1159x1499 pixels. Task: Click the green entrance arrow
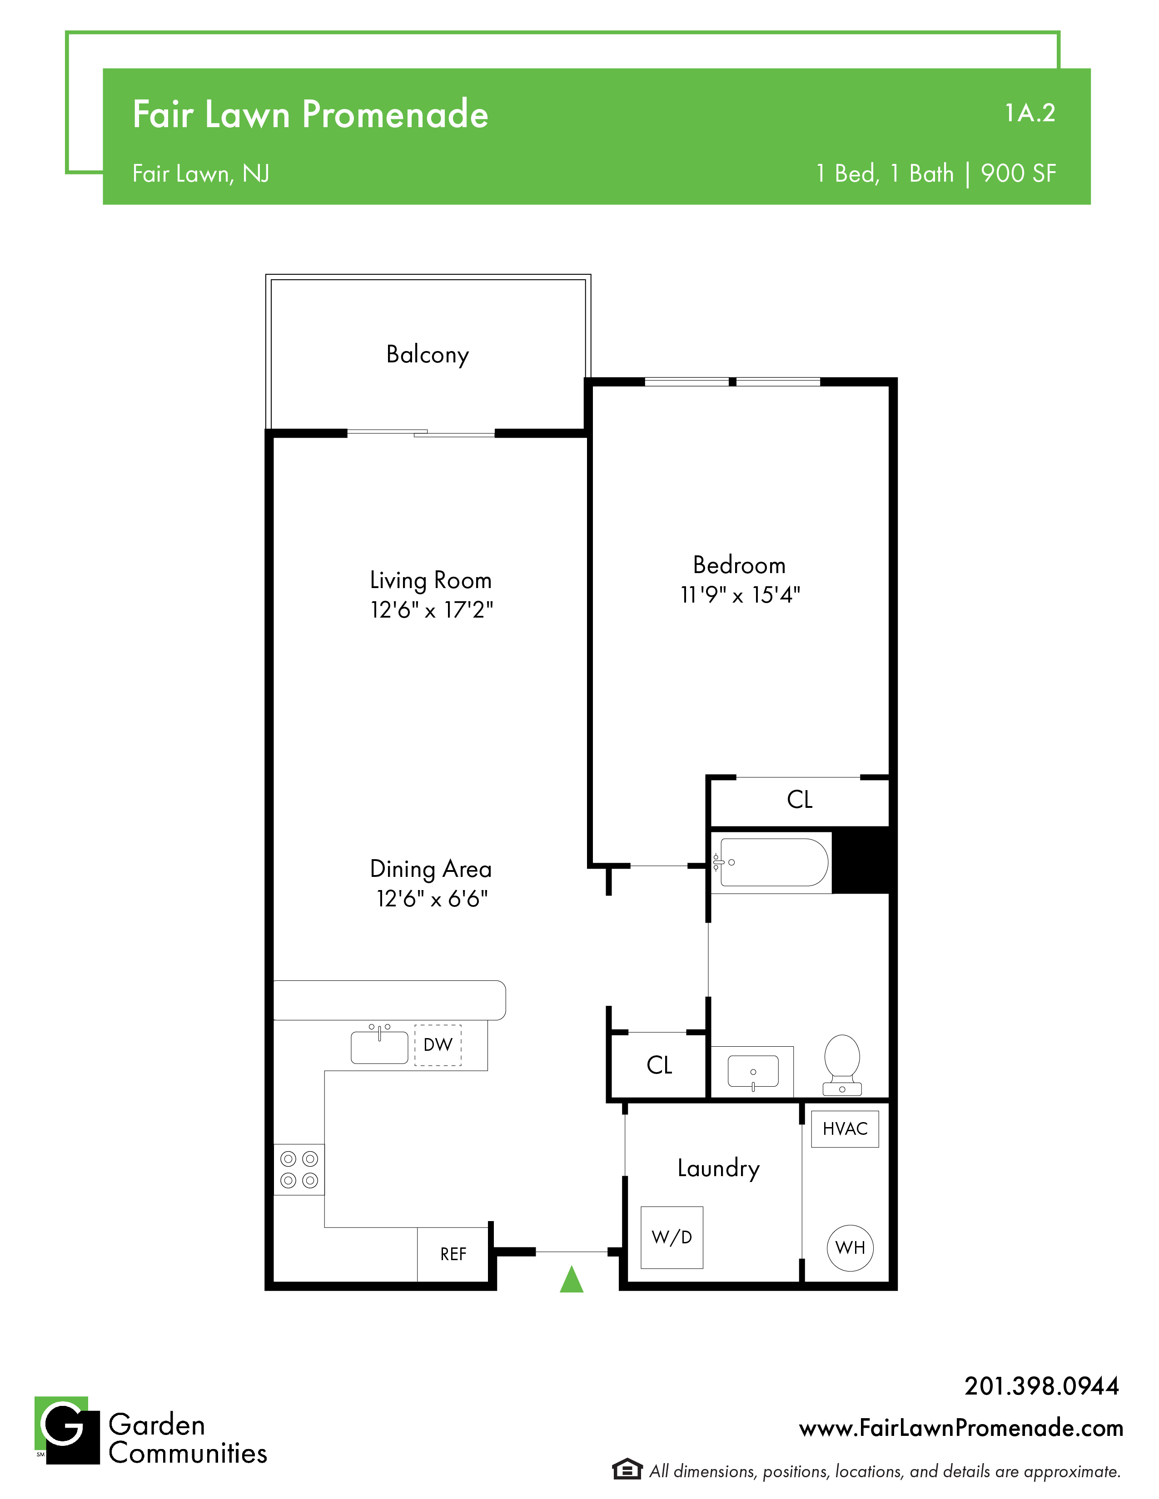click(571, 1279)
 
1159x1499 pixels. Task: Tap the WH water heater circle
click(850, 1248)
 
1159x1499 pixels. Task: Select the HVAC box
click(845, 1129)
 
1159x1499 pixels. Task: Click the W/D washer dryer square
click(672, 1237)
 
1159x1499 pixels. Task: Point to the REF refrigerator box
click(453, 1254)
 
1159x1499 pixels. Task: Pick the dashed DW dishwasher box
click(438, 1044)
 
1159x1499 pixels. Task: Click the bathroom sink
click(753, 1071)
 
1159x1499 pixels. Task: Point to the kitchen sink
click(380, 1045)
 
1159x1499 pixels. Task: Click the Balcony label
click(428, 355)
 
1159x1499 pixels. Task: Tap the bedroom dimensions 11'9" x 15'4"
click(740, 594)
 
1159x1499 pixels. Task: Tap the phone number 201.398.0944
click(1042, 1386)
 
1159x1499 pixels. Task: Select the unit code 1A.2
click(1030, 113)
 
